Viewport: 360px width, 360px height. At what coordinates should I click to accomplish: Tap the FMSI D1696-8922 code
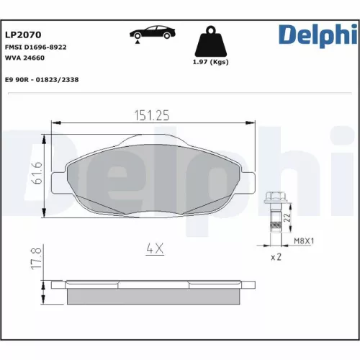coord(37,46)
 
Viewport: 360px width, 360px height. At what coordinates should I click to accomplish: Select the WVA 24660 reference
coord(25,58)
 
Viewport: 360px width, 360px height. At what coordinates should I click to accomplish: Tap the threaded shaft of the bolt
coord(274,220)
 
